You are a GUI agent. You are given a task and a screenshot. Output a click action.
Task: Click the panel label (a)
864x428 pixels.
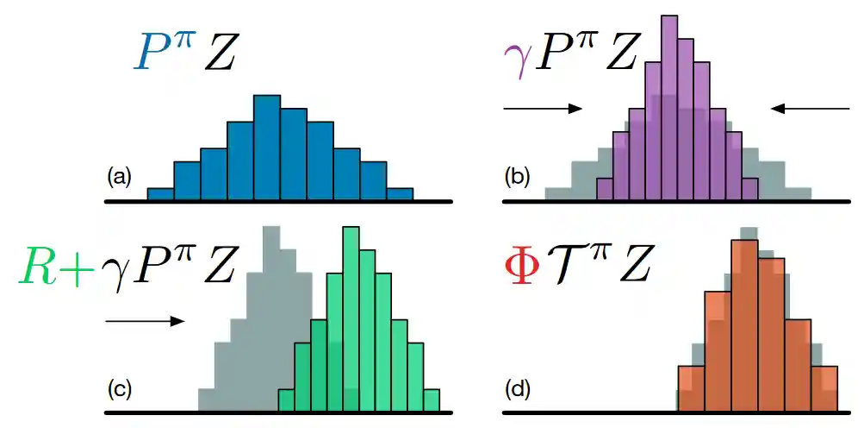[x=119, y=178]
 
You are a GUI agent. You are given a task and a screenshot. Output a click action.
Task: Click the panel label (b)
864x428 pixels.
[x=518, y=178]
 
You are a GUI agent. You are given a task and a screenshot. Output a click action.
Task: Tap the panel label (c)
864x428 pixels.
[x=119, y=389]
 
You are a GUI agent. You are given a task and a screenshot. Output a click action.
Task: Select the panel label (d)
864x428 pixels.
[x=518, y=389]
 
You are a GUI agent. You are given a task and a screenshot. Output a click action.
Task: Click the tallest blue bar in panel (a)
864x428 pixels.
[x=267, y=147]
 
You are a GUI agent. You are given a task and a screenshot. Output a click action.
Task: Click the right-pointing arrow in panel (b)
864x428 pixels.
[x=543, y=109]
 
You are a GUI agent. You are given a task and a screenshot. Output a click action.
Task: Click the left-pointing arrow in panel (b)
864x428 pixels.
[x=810, y=109]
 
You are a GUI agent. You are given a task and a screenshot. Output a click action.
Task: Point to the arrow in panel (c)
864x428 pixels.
[x=144, y=321]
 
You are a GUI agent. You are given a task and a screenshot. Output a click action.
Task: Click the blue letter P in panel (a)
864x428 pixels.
[x=152, y=54]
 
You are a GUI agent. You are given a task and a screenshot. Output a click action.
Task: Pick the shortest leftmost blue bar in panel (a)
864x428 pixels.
[x=160, y=194]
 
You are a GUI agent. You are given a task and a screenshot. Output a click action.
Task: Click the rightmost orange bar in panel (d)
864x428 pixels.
[x=824, y=389]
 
